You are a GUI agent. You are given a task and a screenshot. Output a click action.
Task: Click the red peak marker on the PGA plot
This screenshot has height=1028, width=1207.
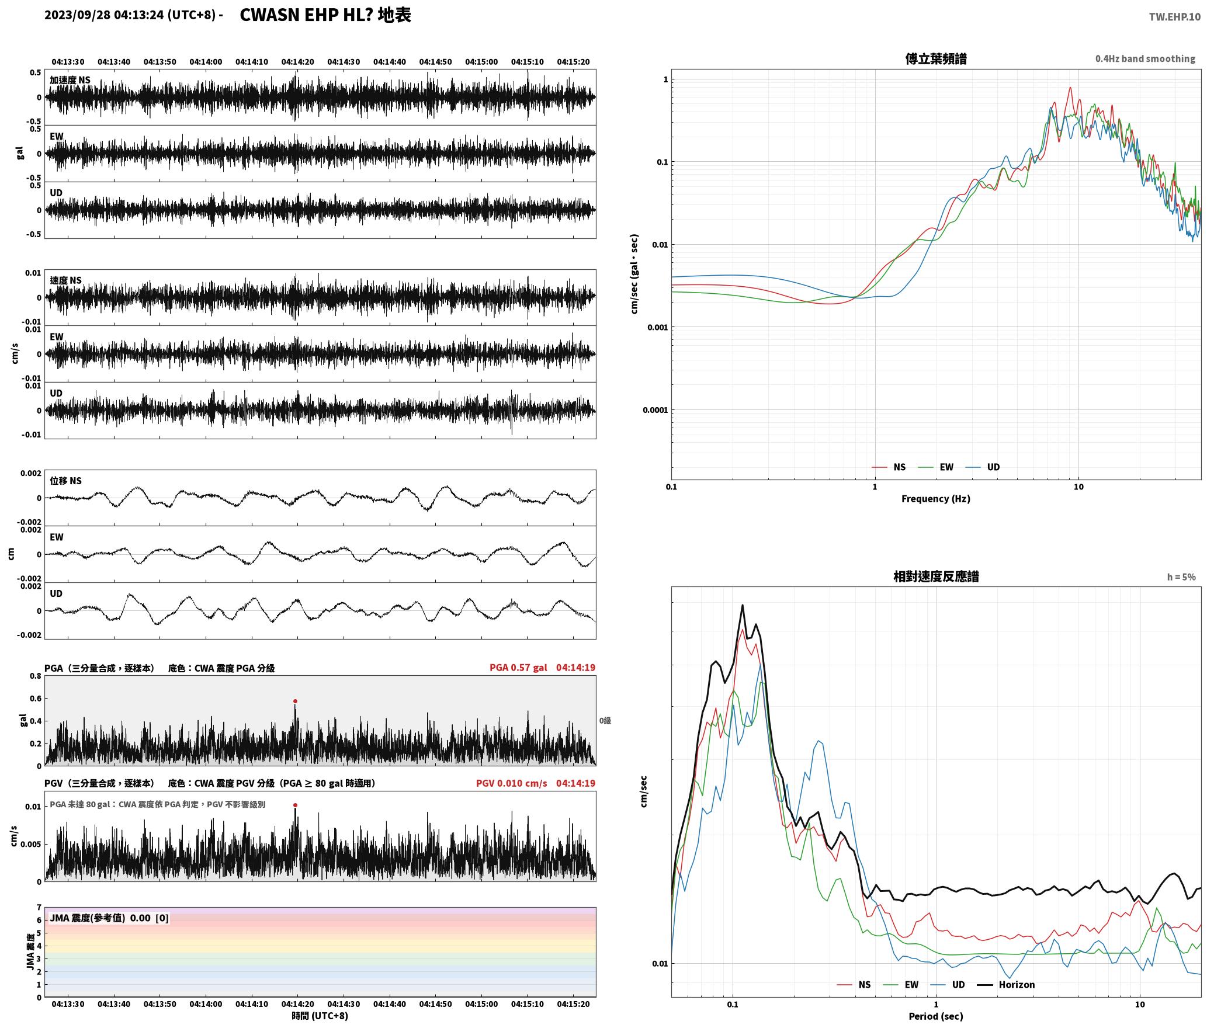295,701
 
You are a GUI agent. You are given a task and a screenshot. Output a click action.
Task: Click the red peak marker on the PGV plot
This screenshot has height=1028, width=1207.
295,805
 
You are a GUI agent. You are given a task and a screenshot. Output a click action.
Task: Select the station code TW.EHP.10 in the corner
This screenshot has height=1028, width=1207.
1174,17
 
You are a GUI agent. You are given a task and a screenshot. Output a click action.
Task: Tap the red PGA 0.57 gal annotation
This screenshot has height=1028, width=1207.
518,668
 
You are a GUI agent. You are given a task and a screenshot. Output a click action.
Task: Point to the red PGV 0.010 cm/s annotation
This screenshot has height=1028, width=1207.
511,783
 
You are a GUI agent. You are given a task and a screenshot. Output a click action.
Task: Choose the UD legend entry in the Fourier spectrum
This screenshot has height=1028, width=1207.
983,467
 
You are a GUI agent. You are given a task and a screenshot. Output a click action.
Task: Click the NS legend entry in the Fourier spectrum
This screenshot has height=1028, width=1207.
889,467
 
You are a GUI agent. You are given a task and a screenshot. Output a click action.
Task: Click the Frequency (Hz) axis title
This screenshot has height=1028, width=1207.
935,499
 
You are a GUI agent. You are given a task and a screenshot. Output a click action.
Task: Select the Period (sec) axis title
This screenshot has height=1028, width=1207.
935,1016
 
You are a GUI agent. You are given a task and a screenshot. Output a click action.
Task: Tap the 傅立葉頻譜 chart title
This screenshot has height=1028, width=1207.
935,59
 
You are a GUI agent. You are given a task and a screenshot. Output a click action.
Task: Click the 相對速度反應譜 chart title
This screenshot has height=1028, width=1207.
936,576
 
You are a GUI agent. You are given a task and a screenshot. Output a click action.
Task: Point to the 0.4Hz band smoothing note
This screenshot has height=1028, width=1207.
1145,59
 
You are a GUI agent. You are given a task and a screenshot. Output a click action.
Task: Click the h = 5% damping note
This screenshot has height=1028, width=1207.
1181,577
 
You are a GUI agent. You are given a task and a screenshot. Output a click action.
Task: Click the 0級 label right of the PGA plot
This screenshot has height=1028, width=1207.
605,721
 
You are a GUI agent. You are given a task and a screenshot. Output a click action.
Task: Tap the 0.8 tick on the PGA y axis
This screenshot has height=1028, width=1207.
35,676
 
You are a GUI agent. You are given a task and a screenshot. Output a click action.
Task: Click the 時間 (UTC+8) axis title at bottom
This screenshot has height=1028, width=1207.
320,1016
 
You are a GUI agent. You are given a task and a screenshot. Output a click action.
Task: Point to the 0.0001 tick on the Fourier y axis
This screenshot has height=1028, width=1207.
655,410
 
